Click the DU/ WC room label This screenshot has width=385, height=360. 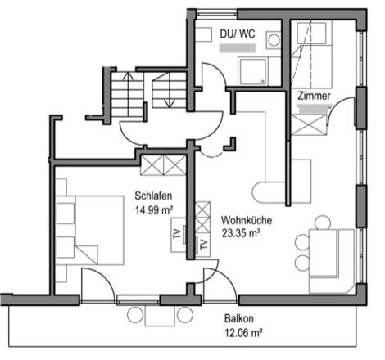click(238, 34)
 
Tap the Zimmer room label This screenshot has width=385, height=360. click(314, 96)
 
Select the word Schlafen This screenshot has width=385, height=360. click(153, 196)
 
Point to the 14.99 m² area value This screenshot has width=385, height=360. click(154, 210)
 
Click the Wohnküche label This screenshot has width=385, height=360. click(247, 220)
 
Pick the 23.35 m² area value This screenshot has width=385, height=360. click(241, 233)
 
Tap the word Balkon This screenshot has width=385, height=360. click(239, 318)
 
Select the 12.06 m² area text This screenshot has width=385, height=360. click(243, 332)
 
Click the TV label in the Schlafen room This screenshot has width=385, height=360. click(177, 234)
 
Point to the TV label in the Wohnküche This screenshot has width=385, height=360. click(204, 245)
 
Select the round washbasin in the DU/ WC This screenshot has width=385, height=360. click(274, 40)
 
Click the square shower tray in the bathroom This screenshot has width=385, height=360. click(252, 71)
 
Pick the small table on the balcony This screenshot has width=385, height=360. click(160, 316)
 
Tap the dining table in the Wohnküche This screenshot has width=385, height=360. click(323, 253)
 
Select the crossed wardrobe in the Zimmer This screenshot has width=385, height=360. click(309, 125)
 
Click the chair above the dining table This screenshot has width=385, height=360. click(323, 223)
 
